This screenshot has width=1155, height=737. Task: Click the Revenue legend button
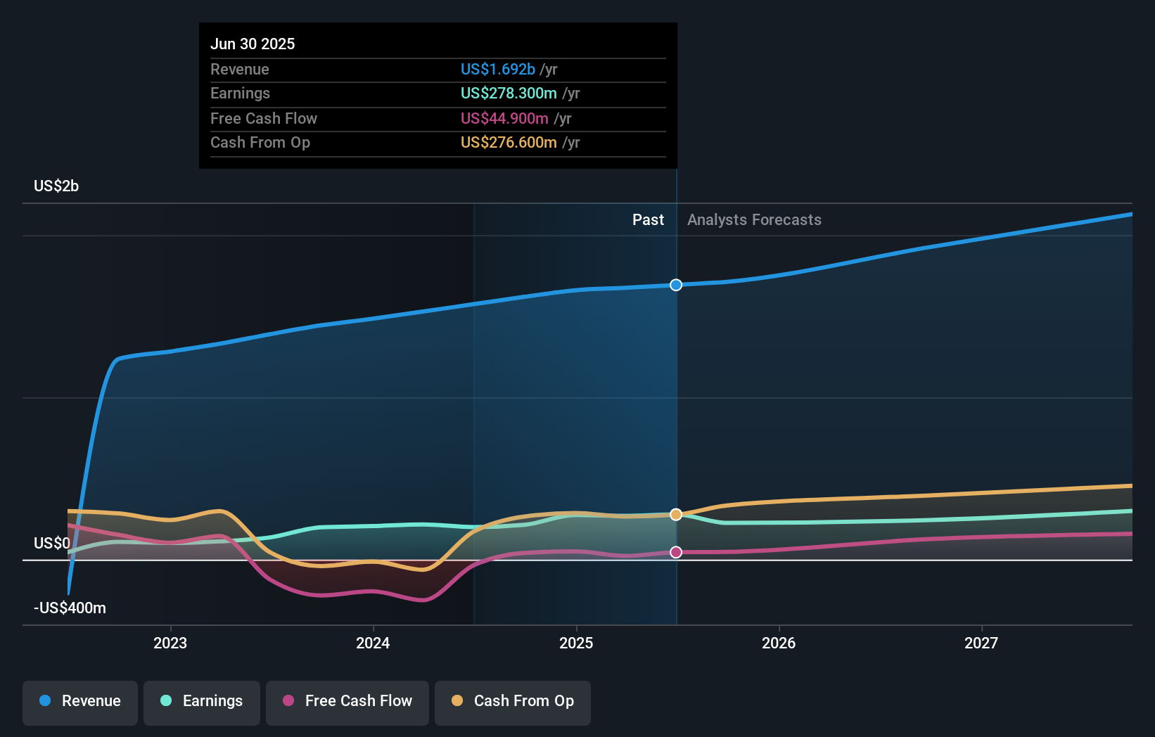point(80,701)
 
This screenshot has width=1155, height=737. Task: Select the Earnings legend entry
point(202,701)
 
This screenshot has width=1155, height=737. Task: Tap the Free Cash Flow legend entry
point(347,701)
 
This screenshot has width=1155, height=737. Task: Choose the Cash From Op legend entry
point(513,701)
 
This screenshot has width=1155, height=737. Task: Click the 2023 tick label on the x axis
point(170,643)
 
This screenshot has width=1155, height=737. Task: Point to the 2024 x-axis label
point(373,643)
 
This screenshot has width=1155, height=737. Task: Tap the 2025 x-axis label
point(576,643)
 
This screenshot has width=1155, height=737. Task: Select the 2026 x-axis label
point(779,643)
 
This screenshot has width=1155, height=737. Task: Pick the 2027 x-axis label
point(981,643)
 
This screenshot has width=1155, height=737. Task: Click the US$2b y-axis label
point(56,186)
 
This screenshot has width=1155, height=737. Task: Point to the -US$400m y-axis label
point(70,608)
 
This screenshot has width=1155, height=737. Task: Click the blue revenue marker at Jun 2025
point(676,285)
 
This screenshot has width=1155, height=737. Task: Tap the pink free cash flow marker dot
point(676,552)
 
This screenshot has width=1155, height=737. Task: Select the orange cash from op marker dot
point(676,515)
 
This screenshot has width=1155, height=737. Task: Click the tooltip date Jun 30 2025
point(253,44)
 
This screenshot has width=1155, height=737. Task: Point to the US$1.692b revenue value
point(498,70)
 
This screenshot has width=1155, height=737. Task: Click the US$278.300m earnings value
point(509,94)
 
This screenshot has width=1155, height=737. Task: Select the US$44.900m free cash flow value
point(504,119)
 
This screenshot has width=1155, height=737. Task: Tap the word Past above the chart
point(648,220)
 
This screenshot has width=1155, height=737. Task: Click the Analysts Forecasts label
point(754,220)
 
